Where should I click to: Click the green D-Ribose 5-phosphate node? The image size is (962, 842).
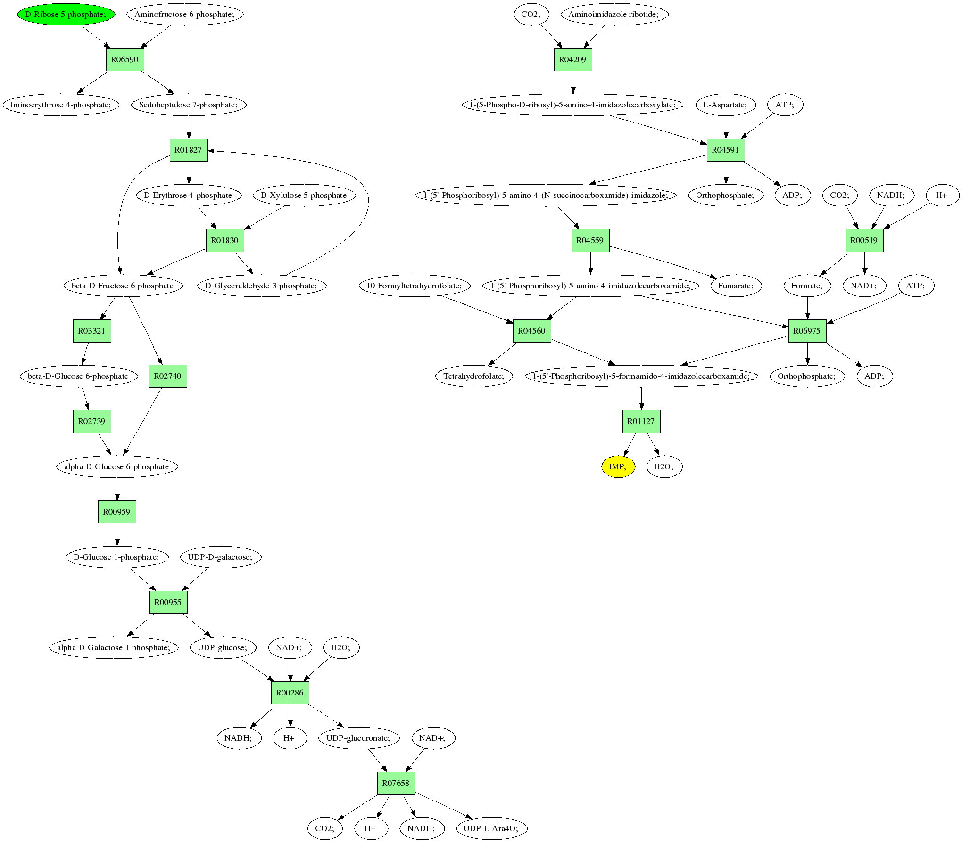66,14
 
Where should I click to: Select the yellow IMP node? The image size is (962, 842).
618,466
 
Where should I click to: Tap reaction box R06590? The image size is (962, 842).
124,59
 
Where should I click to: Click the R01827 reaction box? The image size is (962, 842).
188,150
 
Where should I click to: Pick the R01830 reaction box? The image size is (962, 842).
224,240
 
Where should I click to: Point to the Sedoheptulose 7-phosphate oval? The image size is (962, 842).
188,105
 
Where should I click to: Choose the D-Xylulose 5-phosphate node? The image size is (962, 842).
304,195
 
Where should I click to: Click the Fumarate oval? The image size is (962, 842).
736,286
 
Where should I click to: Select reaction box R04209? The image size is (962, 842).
572,59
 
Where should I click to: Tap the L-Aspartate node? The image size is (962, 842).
725,105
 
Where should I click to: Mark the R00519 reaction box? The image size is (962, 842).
864,240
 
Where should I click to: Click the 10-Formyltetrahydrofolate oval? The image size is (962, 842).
415,286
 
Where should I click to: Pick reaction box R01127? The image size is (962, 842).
641,421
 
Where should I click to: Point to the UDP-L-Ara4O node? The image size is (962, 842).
491,828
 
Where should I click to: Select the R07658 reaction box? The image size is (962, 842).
396,783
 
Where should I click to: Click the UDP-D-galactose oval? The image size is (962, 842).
220,557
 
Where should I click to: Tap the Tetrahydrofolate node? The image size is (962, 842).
474,376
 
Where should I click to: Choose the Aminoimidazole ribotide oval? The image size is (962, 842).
614,14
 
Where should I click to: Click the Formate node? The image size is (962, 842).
807,286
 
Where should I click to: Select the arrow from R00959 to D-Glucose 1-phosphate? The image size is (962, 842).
117,534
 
